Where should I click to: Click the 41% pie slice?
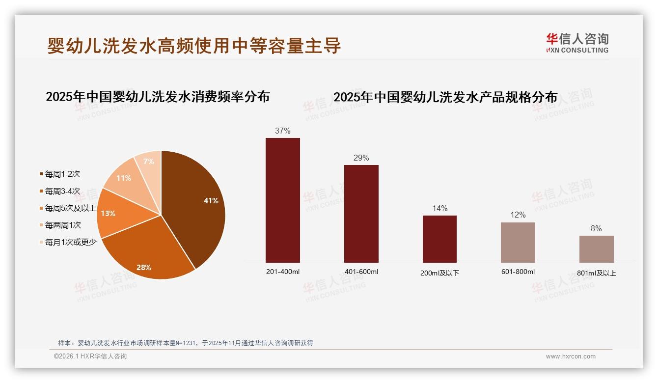196,206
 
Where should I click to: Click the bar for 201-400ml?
283,200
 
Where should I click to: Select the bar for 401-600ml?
361,214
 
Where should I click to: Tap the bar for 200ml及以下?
439,239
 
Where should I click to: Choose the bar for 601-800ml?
518,243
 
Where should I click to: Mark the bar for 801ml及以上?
596,249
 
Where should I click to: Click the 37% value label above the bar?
283,131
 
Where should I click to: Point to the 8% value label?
596,229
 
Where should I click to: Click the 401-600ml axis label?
361,272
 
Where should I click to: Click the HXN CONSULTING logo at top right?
577,43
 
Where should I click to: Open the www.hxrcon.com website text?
571,356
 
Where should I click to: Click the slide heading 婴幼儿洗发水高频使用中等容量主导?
194,46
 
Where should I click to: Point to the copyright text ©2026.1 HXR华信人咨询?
90,356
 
